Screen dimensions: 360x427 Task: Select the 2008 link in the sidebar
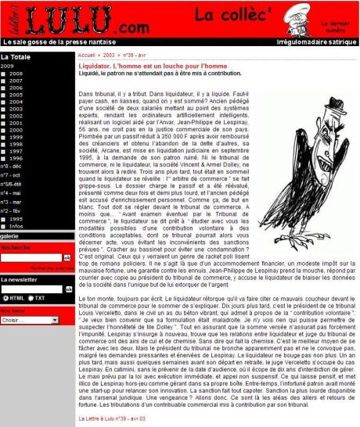click(x=16, y=74)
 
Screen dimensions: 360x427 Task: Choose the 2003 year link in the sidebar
click(x=16, y=109)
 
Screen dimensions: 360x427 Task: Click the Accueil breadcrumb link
click(x=88, y=56)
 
